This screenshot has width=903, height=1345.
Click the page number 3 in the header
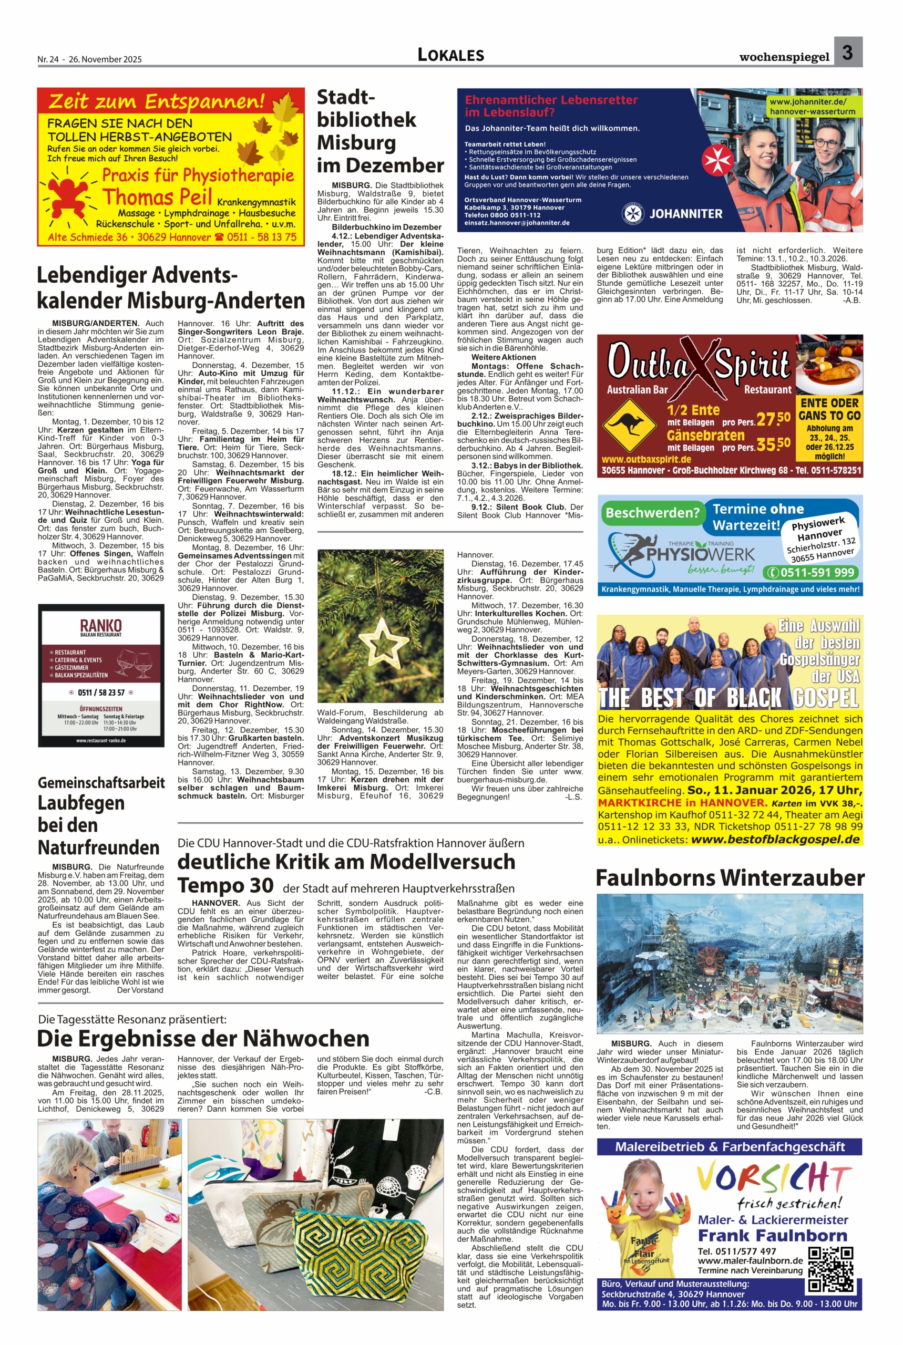pos(847,53)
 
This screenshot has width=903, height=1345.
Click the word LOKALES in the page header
pos(450,55)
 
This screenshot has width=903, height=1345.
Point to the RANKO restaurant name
pos(101,625)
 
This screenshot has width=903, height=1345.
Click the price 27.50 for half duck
pos(773,418)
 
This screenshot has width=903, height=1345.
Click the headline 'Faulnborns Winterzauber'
pos(730,878)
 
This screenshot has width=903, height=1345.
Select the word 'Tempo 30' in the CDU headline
pos(225,885)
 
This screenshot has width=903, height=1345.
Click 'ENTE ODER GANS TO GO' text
pos(829,409)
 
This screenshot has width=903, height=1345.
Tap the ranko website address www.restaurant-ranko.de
pos(101,740)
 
